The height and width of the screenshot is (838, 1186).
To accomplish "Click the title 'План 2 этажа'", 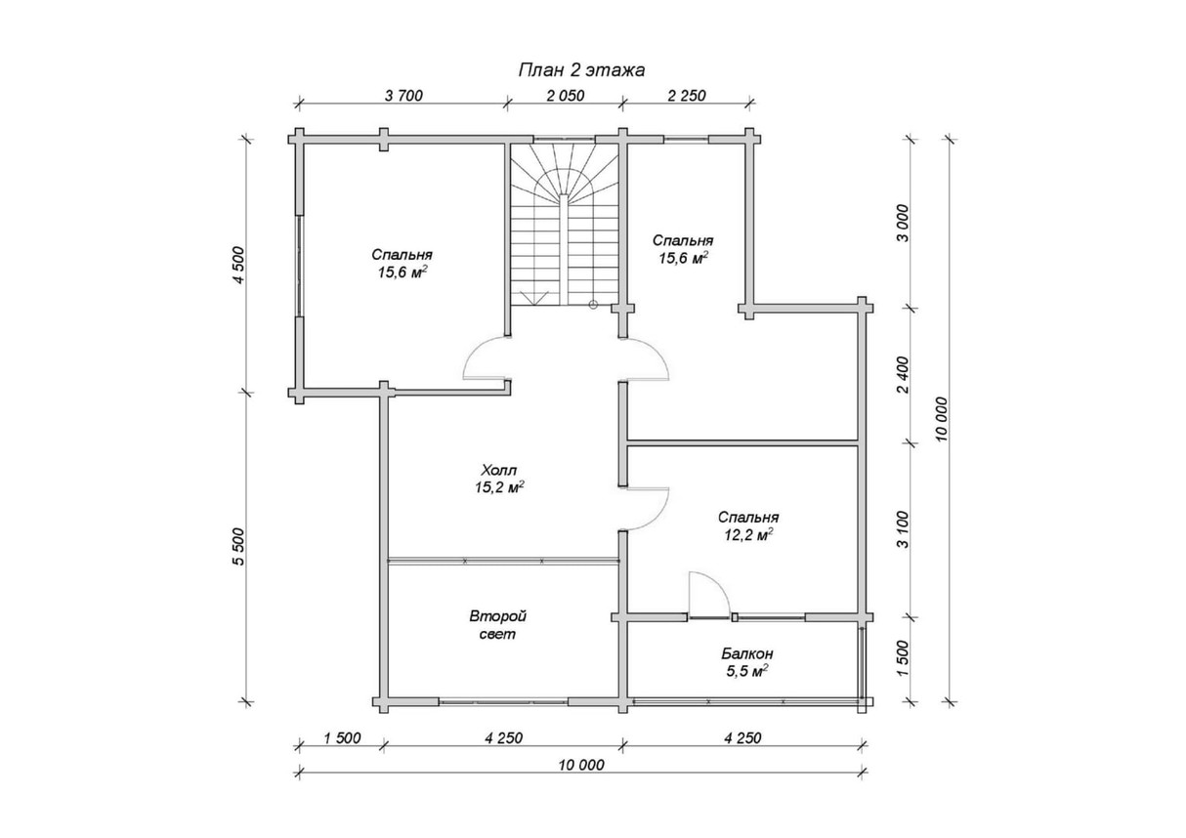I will (580, 69).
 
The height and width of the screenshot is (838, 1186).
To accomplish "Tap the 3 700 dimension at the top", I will (403, 95).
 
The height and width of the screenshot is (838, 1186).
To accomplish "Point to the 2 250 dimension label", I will (686, 95).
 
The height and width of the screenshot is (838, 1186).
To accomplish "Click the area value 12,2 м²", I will (747, 534).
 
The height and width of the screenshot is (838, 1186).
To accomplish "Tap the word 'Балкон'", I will (747, 653).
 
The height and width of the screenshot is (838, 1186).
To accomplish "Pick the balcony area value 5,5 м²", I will (747, 671).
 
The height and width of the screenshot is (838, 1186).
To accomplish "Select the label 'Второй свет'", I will (497, 625).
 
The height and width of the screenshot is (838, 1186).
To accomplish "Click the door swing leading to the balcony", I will (705, 594).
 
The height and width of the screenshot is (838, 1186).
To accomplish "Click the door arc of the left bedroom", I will (485, 358).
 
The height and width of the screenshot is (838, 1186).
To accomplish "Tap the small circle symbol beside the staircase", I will (593, 305).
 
